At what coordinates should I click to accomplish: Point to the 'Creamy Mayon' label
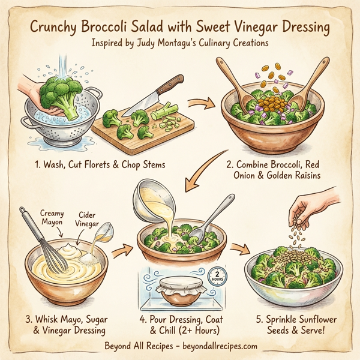point(55,217)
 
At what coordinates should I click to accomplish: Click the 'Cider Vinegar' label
point(88,218)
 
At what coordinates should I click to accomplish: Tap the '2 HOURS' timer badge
point(217,277)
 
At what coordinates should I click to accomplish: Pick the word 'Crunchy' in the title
point(58,28)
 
